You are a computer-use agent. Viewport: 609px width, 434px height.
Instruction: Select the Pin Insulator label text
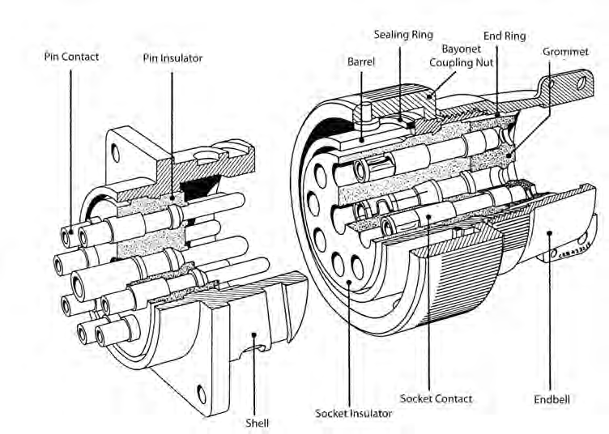pos(172,58)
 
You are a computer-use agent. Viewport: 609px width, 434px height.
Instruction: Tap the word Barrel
pos(360,62)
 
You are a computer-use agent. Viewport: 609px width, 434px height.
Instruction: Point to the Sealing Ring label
pos(403,35)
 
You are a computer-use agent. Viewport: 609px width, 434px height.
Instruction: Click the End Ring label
pos(505,36)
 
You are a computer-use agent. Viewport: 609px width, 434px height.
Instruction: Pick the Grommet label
pos(566,51)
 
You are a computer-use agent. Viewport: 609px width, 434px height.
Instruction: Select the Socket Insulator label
pos(353,413)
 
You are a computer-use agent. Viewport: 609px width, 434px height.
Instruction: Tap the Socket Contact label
pos(437,398)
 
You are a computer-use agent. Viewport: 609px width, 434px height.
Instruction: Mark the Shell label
pos(258,422)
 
